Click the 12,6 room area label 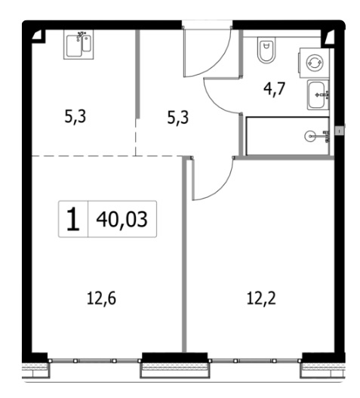101,298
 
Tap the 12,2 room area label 261,298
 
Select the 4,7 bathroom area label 274,89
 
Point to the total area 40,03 122,219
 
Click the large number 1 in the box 73,219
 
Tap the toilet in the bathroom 266,50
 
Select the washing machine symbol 315,63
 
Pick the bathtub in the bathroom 288,136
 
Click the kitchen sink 78,45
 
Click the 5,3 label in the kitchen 75,117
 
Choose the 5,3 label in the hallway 178,118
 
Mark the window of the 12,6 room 94,360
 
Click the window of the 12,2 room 255,360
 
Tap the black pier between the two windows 174,358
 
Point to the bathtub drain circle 309,136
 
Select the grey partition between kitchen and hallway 138,74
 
